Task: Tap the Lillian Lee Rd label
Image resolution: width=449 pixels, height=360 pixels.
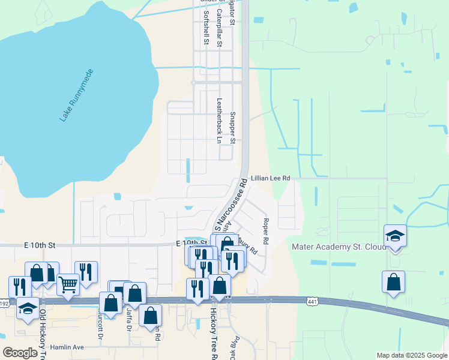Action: tap(271, 178)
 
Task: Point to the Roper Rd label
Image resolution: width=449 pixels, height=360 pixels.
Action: tap(266, 230)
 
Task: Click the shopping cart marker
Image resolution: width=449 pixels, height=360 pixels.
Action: tap(68, 284)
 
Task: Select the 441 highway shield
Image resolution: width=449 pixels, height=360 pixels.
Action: tap(312, 301)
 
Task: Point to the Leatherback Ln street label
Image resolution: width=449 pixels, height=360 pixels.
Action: tap(219, 120)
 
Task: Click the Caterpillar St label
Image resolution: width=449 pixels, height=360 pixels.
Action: tap(220, 28)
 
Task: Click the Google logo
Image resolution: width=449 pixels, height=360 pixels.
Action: tap(20, 352)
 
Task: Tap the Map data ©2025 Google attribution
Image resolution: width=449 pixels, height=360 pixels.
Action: tap(412, 355)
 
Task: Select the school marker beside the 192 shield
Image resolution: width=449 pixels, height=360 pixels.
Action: tap(27, 308)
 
